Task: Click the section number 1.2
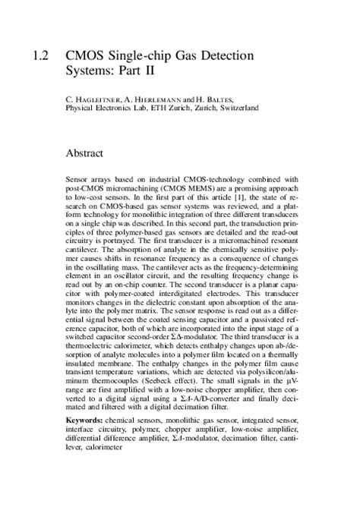41,56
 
